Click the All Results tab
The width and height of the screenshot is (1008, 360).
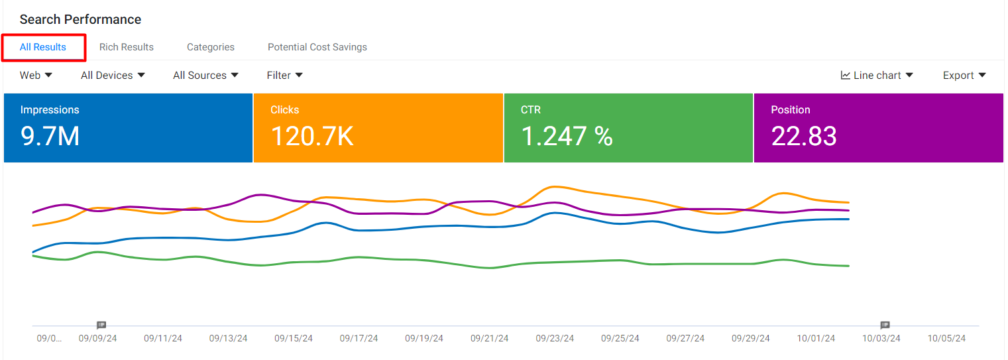pyautogui.click(x=43, y=47)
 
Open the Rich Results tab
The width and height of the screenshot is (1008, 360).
pyautogui.click(x=127, y=47)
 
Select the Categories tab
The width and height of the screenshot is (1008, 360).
pyautogui.click(x=211, y=47)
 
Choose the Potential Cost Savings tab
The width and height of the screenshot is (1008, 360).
pyautogui.click(x=317, y=47)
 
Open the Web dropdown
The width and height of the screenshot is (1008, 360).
pyautogui.click(x=36, y=75)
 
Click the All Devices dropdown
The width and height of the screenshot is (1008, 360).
pyautogui.click(x=113, y=75)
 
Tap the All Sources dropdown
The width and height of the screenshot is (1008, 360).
pyautogui.click(x=205, y=75)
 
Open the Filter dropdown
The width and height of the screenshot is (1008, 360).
pyautogui.click(x=284, y=75)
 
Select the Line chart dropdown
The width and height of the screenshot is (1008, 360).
pyautogui.click(x=877, y=75)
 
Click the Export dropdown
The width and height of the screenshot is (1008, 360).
pyautogui.click(x=964, y=75)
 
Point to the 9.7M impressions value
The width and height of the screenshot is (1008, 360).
pyautogui.click(x=50, y=136)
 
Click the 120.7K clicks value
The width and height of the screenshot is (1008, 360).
pyautogui.click(x=312, y=136)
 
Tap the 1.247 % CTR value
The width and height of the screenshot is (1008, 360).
pyautogui.click(x=567, y=136)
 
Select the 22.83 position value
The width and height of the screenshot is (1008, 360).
pyautogui.click(x=804, y=136)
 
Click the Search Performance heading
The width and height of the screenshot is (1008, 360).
pyautogui.click(x=81, y=19)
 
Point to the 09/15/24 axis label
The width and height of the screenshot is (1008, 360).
pyautogui.click(x=294, y=338)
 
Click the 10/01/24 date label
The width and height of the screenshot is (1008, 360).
pyautogui.click(x=816, y=338)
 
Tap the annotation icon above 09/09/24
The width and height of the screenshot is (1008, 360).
pyautogui.click(x=101, y=325)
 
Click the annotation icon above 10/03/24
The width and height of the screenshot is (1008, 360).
pyautogui.click(x=885, y=325)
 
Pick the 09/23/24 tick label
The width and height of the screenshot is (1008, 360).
pyautogui.click(x=555, y=338)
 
